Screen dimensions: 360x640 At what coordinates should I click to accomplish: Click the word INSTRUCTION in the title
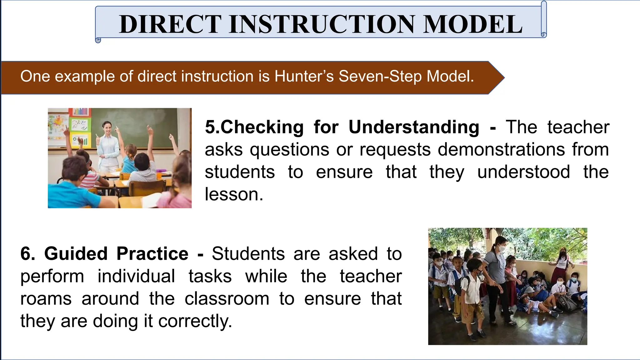322,24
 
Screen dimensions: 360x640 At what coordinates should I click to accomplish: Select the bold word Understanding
414,127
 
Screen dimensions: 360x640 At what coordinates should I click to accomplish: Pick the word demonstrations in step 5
501,149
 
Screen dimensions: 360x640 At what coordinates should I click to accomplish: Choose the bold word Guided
76,253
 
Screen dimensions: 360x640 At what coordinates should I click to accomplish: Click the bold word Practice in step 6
152,253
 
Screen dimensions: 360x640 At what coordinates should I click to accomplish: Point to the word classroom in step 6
227,299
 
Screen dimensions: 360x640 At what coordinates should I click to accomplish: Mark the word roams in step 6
46,299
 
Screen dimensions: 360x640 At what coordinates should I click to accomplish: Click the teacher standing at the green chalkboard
108,144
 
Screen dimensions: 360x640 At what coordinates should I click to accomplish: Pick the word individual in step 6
136,276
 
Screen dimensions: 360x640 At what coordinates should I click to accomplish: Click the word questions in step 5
289,149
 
